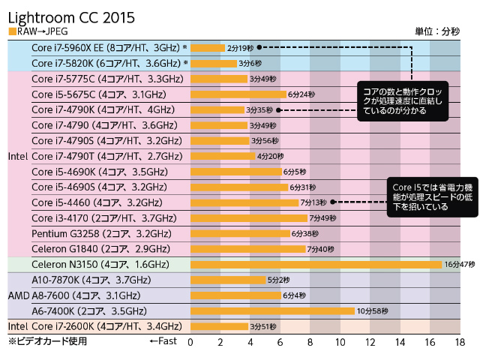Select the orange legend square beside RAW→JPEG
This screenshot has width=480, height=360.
tap(12, 31)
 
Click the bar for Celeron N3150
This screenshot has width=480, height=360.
tap(316, 265)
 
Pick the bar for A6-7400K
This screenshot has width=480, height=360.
tap(272, 310)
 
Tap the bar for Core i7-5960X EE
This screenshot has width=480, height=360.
tap(208, 47)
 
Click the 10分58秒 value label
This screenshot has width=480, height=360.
tap(372, 310)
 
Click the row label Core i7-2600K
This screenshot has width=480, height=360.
tap(106, 326)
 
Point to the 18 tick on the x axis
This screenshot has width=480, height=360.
tap(460, 343)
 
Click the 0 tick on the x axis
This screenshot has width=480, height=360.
tap(190, 343)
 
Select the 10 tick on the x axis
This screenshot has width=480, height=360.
tap(340, 343)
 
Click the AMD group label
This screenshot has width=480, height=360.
tap(18, 295)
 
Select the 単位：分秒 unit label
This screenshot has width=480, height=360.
tap(439, 31)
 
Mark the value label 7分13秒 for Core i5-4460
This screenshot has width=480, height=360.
tap(314, 202)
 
